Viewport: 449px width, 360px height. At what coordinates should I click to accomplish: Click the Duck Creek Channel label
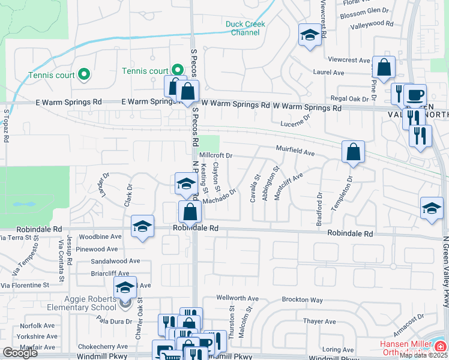245,28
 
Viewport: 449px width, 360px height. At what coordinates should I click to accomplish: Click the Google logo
20,353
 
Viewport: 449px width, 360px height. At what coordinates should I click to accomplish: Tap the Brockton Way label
303,299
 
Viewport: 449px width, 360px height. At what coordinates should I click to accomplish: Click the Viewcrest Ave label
349,60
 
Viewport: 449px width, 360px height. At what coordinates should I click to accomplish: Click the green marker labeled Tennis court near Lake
84,75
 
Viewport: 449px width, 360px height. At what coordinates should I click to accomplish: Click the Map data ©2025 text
424,355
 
